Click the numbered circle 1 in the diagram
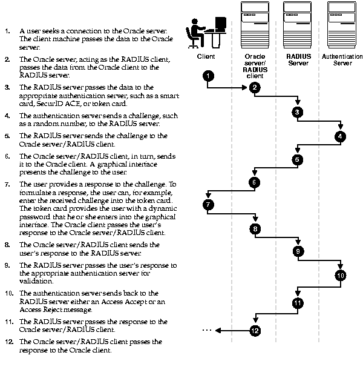[208, 76]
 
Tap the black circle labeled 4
[341, 136]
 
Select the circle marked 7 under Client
[208, 205]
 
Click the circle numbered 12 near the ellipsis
[255, 330]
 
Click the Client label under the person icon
[206, 56]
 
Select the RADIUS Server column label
[298, 59]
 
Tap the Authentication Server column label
[342, 59]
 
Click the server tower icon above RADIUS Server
[298, 25]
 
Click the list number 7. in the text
[7, 184]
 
